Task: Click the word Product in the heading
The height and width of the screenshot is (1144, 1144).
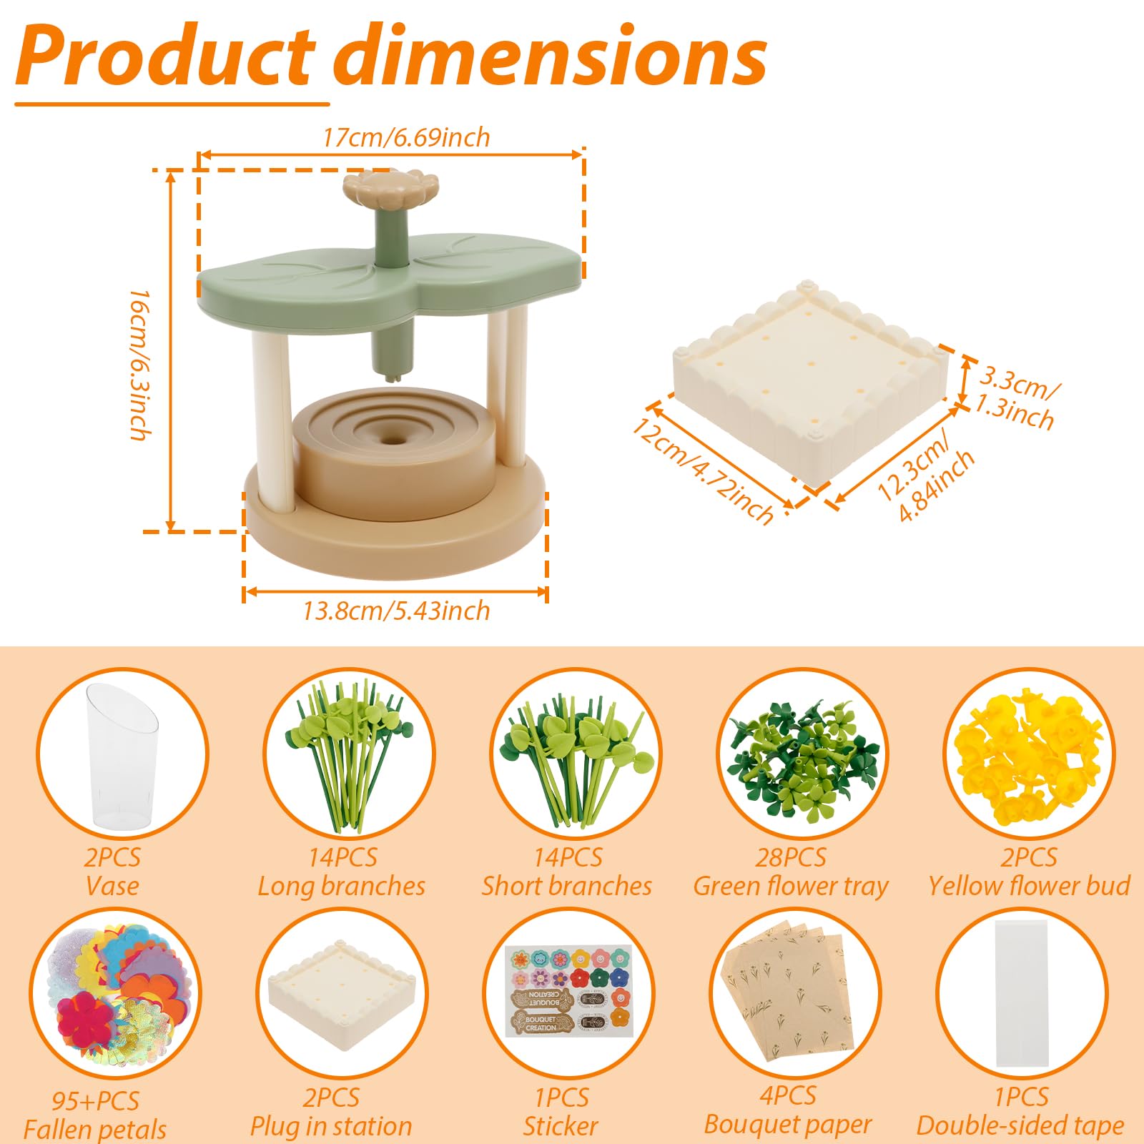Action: (165, 56)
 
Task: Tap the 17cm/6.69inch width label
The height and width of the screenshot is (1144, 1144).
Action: (406, 137)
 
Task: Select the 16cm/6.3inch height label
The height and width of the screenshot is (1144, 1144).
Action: (139, 365)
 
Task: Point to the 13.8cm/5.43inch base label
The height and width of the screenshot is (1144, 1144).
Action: (396, 611)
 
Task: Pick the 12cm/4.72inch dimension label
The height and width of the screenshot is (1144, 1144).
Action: (704, 472)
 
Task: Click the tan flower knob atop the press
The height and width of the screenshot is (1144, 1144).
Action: (390, 189)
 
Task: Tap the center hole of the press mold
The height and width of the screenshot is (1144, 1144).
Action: (393, 440)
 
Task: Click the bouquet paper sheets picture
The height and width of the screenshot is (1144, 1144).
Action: (789, 990)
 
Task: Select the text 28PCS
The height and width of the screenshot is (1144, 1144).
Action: (791, 857)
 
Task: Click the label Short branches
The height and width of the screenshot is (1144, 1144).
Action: (566, 886)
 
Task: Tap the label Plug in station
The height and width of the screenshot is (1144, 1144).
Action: (331, 1126)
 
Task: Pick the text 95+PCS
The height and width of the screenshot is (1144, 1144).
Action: (95, 1100)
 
